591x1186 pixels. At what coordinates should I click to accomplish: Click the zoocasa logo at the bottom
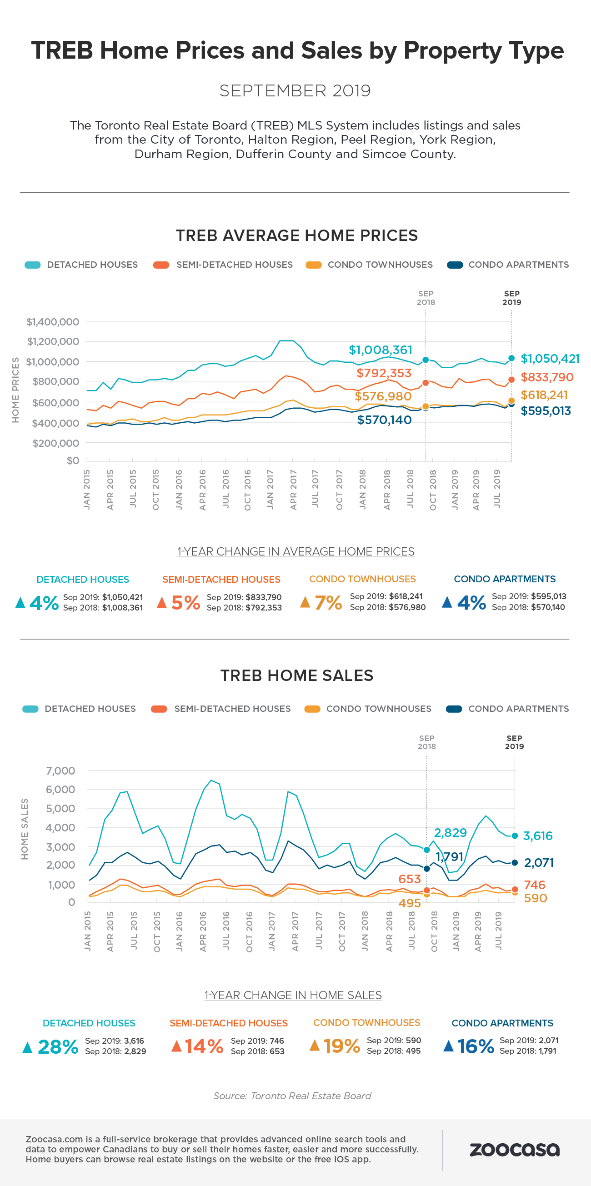point(514,1150)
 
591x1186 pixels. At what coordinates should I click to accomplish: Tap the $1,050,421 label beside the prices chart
point(550,359)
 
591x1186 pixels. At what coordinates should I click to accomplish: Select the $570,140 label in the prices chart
point(384,420)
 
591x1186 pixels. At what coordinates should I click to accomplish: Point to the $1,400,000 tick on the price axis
point(53,322)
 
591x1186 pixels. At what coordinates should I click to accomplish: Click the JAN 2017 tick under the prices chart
point(270,490)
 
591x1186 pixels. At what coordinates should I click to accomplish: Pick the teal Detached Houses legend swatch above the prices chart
point(32,265)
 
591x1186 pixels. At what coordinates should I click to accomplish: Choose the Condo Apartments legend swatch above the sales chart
point(454,709)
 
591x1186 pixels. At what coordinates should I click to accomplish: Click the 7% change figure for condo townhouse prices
point(328,602)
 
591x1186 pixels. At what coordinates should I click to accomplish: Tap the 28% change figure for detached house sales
point(58,1046)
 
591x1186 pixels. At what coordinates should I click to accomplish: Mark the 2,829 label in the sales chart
point(450,832)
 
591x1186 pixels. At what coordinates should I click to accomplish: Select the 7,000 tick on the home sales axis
point(60,771)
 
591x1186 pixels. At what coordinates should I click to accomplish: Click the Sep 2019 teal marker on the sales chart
point(515,836)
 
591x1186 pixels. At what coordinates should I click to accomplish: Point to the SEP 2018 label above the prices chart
point(426,298)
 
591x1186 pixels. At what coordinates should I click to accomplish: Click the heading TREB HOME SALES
point(297,676)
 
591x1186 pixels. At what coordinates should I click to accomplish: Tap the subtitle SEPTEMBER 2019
point(295,91)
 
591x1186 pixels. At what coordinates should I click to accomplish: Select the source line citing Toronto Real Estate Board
point(292,1096)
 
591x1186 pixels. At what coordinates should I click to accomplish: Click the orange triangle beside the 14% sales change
point(176,1046)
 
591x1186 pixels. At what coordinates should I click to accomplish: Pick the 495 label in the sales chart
point(410,903)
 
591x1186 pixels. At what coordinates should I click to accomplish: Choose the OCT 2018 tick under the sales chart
point(434,931)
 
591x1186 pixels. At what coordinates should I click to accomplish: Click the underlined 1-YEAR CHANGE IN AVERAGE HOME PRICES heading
point(296,551)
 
